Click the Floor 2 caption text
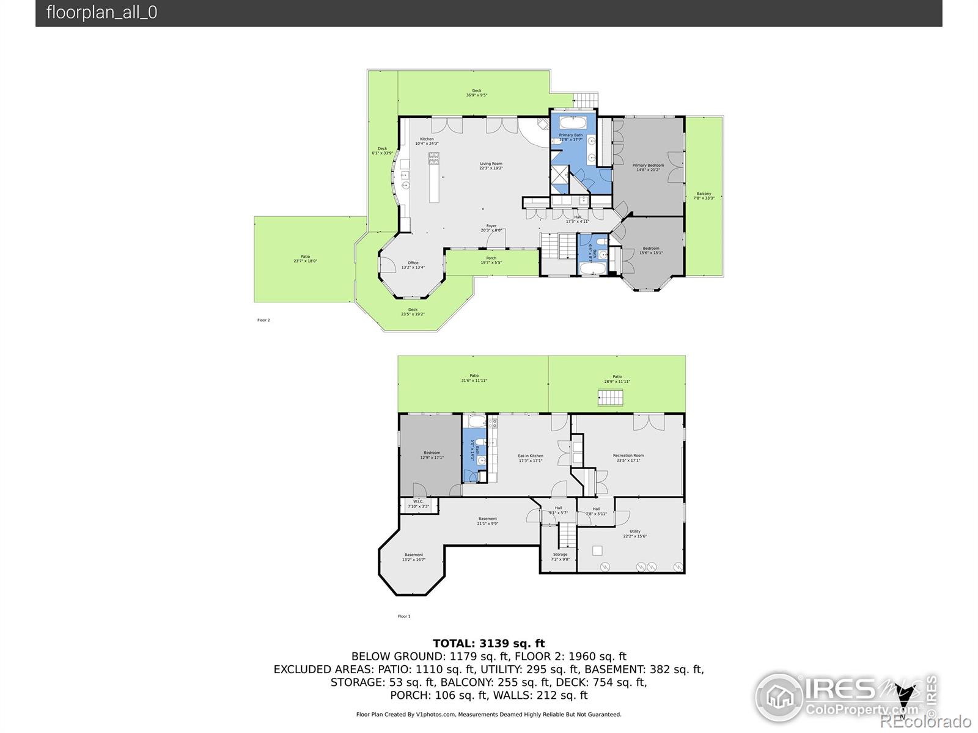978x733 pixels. click(x=263, y=320)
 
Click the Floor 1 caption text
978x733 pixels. click(x=404, y=616)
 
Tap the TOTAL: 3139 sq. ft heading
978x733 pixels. click(x=488, y=643)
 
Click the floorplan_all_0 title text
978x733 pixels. click(x=101, y=13)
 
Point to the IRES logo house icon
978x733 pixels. click(x=780, y=697)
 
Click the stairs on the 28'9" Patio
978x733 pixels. click(x=610, y=398)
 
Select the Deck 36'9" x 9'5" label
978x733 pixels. click(x=477, y=93)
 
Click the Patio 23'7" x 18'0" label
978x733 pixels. click(x=305, y=258)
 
